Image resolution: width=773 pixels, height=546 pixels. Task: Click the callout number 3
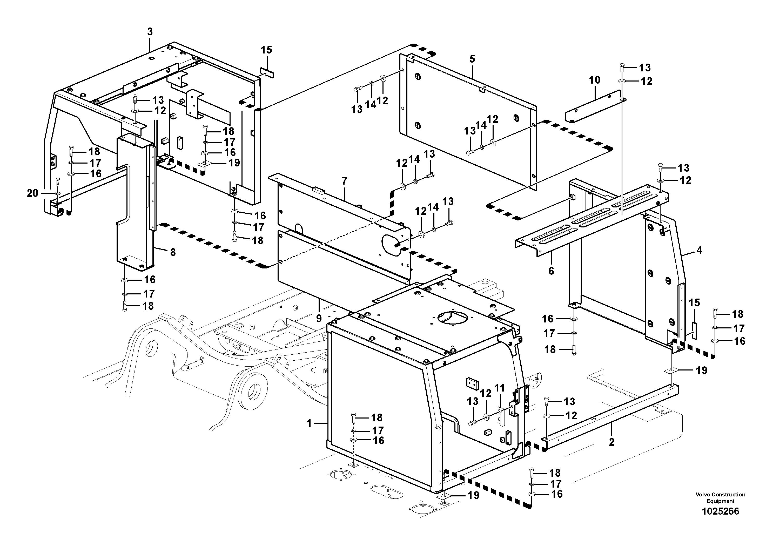(x=150, y=32)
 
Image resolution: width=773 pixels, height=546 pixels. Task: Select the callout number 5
(x=472, y=59)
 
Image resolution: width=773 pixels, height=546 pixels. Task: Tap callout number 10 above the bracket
(x=595, y=80)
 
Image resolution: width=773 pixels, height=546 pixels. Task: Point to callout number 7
(x=344, y=181)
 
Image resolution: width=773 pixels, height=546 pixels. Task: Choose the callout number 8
(x=173, y=252)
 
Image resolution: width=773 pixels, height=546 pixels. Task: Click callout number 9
(x=319, y=318)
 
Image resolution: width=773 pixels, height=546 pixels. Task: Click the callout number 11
(x=500, y=388)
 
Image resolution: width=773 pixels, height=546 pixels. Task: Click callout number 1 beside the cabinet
(x=310, y=423)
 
